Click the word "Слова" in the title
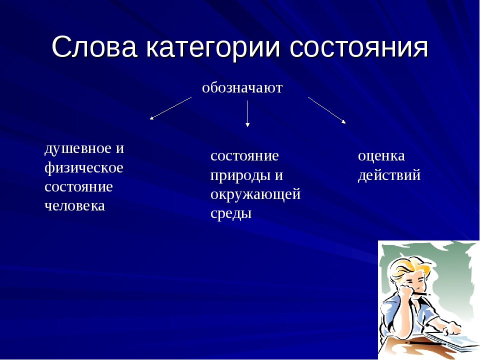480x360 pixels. tap(94, 46)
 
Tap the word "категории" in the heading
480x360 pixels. tap(213, 48)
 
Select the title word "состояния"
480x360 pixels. tap(359, 48)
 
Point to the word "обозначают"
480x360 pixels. tap(242, 88)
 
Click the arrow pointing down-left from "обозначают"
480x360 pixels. tap(170, 108)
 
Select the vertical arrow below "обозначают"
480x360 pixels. tap(247, 113)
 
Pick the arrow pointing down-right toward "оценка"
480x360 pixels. tap(326, 110)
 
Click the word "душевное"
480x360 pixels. tap(78, 149)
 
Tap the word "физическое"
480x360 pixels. tap(84, 168)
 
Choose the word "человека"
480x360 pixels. tap(74, 206)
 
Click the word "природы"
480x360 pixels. tap(239, 176)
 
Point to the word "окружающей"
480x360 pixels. tap(255, 194)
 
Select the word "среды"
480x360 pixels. tap(231, 213)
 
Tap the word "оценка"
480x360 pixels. tap(381, 156)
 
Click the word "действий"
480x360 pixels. tap(389, 175)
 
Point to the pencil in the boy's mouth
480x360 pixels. tap(422, 294)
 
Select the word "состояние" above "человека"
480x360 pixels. tap(78, 187)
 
